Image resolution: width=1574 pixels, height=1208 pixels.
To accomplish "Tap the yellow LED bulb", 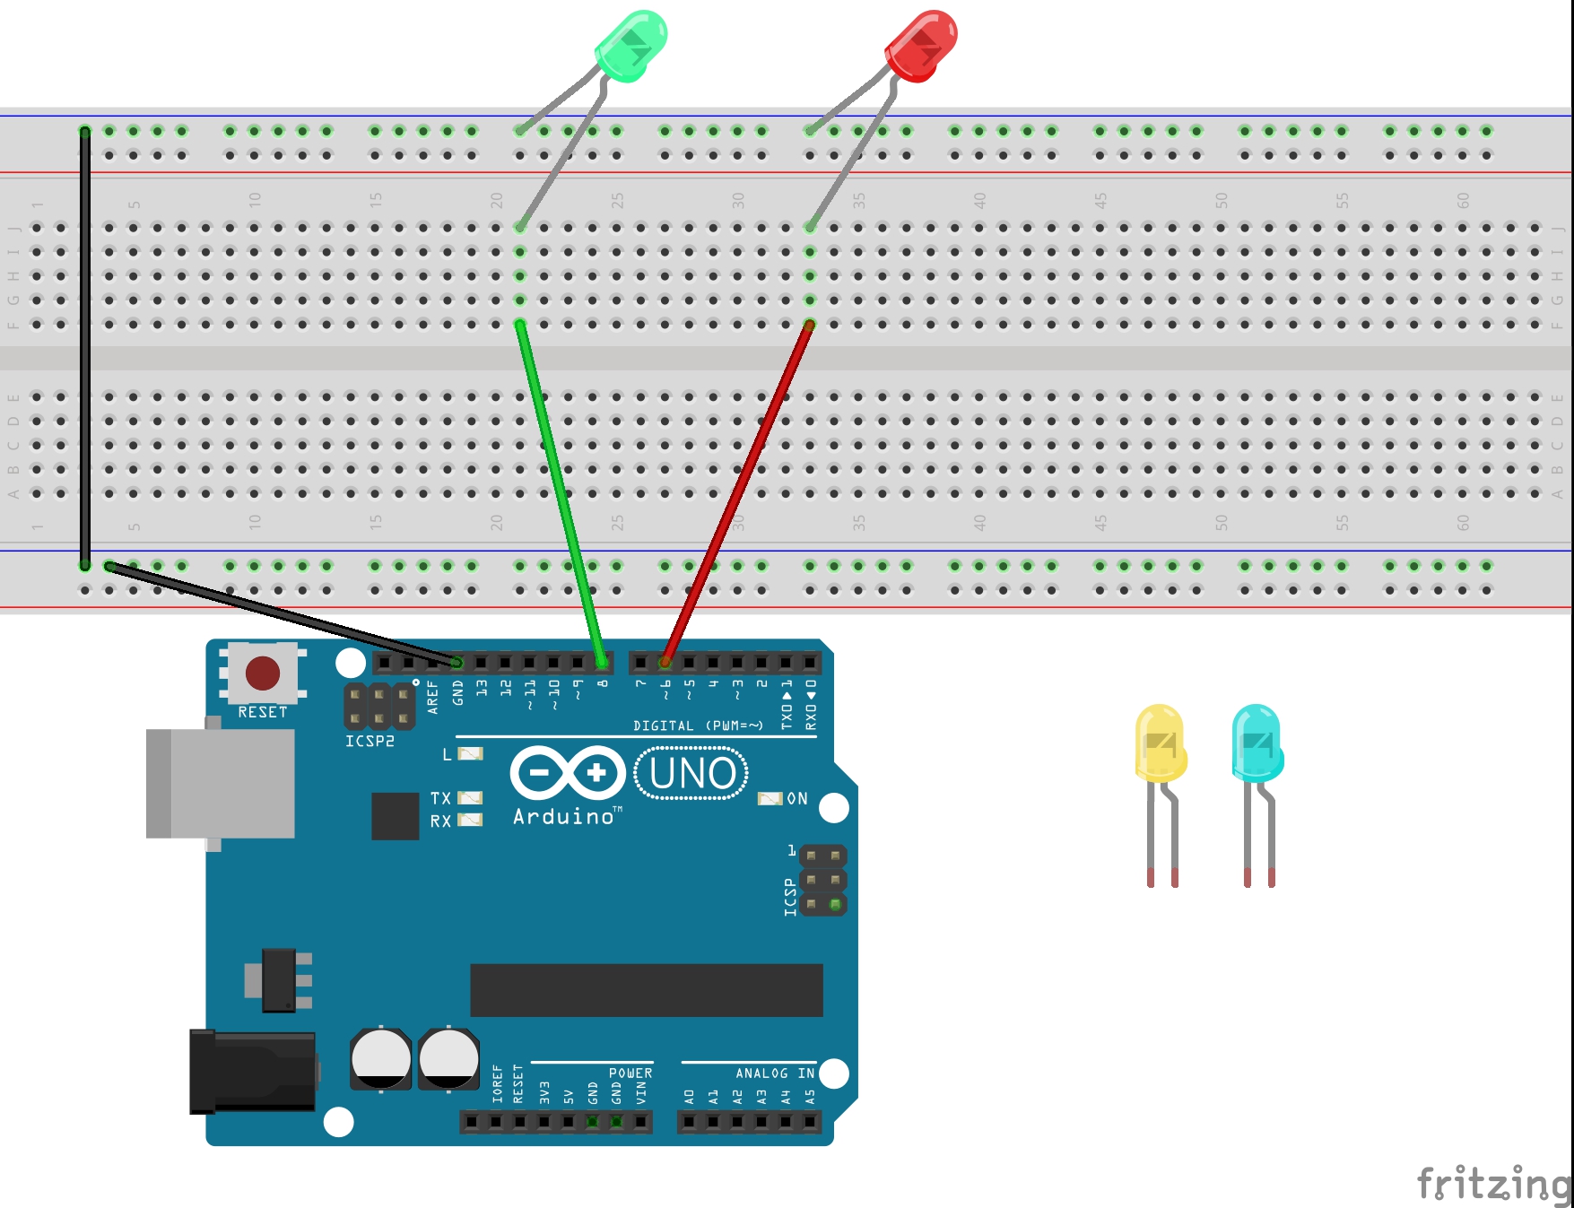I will click(x=1161, y=743).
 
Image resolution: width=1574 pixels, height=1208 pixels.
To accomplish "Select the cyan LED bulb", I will click(x=1257, y=743).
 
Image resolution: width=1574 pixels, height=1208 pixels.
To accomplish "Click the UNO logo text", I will click(x=691, y=774).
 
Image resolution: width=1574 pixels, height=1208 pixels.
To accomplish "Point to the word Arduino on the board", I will click(x=563, y=816).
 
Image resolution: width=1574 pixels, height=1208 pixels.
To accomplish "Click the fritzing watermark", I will click(x=1492, y=1184).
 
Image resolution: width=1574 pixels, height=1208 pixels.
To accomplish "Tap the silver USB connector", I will click(x=222, y=784).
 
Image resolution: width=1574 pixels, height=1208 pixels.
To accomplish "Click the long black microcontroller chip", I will click(x=646, y=990).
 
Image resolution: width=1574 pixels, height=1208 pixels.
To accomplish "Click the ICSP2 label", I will click(x=370, y=742).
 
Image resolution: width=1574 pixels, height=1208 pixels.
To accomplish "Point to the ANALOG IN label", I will click(x=775, y=1073).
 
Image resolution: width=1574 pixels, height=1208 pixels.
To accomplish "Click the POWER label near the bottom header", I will click(x=630, y=1073).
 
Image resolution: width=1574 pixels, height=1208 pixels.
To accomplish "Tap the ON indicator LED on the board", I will click(x=770, y=798).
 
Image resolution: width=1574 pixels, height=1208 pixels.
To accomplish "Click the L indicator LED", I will click(x=471, y=753).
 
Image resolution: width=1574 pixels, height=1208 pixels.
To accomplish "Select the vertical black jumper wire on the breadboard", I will click(x=85, y=350).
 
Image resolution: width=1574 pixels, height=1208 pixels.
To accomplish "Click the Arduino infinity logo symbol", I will click(x=568, y=772).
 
